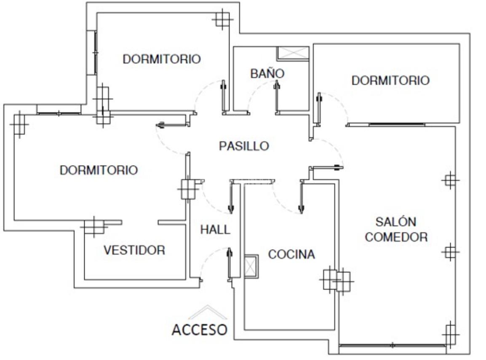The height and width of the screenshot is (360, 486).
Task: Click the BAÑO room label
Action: pos(267,73)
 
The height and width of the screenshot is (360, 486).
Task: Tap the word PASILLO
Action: pos(244,146)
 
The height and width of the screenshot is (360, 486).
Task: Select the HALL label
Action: pos(215,230)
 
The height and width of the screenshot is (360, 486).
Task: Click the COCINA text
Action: pos(291,255)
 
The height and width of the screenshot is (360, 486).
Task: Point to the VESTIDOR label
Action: pos(134,250)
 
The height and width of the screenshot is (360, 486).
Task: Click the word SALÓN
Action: pos(396,222)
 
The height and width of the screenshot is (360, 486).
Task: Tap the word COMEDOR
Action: pos(396,237)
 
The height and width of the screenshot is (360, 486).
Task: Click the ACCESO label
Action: pos(200,330)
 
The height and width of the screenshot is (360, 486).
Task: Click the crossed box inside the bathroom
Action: pos(293,53)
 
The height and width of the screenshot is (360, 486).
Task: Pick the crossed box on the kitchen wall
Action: pos(251,266)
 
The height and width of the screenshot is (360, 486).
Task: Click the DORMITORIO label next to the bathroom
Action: pos(390,81)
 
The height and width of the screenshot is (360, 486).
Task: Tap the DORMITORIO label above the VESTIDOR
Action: pos(99,170)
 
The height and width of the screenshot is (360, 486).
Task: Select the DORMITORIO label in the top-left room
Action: pos(162,59)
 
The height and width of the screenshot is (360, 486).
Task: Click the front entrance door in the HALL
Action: pos(230,264)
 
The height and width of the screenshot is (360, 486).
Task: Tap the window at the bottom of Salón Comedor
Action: pos(393,345)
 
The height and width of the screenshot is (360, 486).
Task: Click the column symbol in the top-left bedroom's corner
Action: pos(222,19)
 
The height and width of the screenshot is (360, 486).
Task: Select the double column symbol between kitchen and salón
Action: pos(337,280)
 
